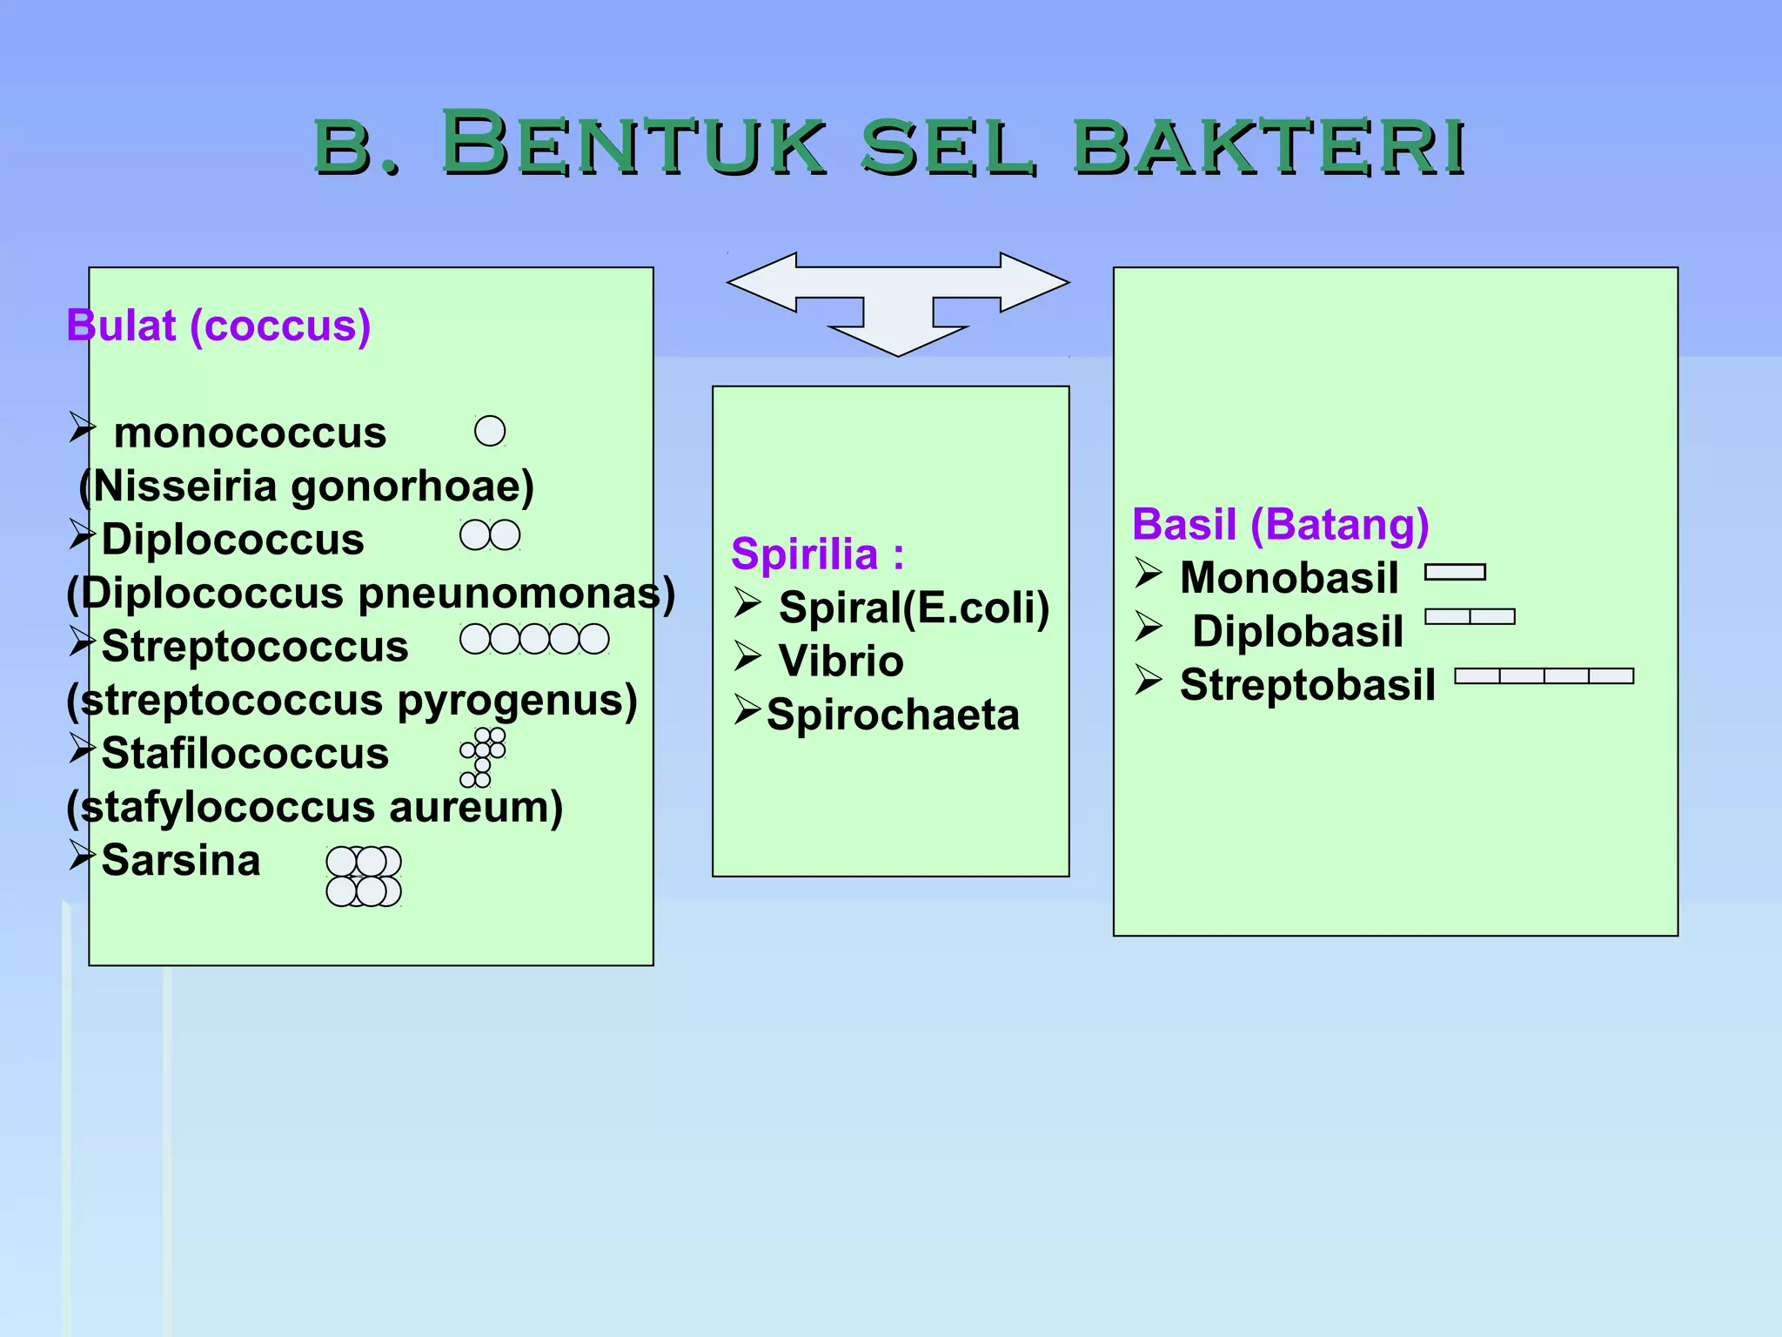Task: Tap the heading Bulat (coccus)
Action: pyautogui.click(x=218, y=326)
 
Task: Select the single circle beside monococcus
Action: pyautogui.click(x=490, y=431)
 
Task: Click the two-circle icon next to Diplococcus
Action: pyautogui.click(x=490, y=535)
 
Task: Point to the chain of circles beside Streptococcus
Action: pyautogui.click(x=534, y=639)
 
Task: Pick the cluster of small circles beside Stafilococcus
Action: pyautogui.click(x=483, y=757)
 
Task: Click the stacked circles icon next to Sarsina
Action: pyautogui.click(x=364, y=877)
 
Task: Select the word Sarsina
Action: pyautogui.click(x=181, y=861)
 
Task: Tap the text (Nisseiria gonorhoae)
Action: pyautogui.click(x=306, y=486)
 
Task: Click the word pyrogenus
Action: pyautogui.click(x=517, y=701)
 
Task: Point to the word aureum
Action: pyautogui.click(x=475, y=807)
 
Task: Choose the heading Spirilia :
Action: pyautogui.click(x=818, y=554)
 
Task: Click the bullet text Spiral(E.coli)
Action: pyautogui.click(x=914, y=608)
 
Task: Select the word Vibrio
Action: pyautogui.click(x=841, y=662)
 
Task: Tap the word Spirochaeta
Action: pyautogui.click(x=893, y=716)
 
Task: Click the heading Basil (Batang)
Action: pyautogui.click(x=1280, y=525)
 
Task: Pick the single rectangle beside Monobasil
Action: pyautogui.click(x=1455, y=572)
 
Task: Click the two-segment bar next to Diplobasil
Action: pyautogui.click(x=1470, y=617)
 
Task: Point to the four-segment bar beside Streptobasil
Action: pyautogui.click(x=1544, y=676)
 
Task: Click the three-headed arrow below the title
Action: pyautogui.click(x=898, y=300)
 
